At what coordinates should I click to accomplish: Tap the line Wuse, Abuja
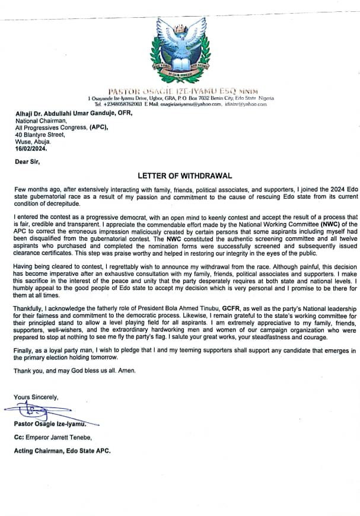tap(33, 142)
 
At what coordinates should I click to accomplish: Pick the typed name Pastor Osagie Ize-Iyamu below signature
tap(52, 423)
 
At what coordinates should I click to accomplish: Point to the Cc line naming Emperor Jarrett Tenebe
tap(58, 437)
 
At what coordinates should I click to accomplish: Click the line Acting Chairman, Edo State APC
tap(62, 450)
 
